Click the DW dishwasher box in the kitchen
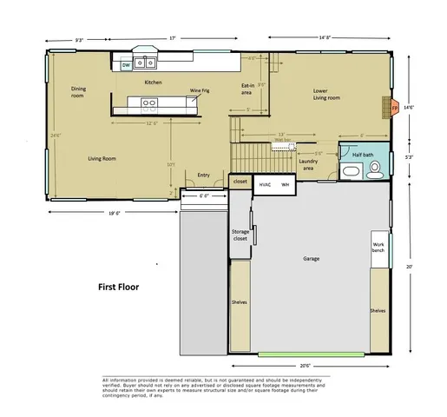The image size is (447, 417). point(127,64)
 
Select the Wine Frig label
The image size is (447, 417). point(200,89)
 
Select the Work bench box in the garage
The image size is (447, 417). point(379,248)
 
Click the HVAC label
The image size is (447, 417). point(266,184)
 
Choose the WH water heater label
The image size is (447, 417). point(285,184)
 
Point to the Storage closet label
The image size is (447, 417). point(240,236)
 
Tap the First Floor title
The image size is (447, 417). point(119,286)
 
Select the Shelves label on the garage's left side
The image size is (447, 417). point(240,302)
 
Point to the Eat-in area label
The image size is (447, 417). point(247,89)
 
